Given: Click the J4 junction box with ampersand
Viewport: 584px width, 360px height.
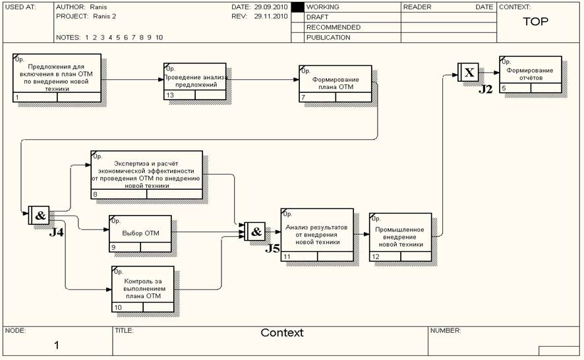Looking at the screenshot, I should click(x=39, y=216).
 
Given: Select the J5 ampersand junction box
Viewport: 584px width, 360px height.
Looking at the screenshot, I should click(x=255, y=231).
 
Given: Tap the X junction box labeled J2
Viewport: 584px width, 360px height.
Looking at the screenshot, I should click(x=469, y=73).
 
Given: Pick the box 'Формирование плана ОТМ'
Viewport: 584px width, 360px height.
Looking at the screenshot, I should click(x=336, y=84).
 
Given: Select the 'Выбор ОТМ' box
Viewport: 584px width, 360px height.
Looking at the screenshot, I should click(x=140, y=233).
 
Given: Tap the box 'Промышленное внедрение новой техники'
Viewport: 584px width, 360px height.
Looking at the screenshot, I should click(x=400, y=236).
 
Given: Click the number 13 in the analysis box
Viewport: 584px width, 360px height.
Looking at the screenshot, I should click(x=170, y=95).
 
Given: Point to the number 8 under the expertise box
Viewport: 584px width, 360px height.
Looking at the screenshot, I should click(x=96, y=195).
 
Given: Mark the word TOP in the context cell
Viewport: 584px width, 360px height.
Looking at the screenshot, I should click(x=535, y=21).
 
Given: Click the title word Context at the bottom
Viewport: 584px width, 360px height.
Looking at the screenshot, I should click(x=282, y=333).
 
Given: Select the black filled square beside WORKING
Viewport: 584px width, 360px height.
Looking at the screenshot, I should click(x=297, y=7).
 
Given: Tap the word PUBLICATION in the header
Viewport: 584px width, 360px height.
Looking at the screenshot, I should click(x=328, y=38).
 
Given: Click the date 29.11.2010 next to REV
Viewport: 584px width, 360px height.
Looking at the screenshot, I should click(x=271, y=16).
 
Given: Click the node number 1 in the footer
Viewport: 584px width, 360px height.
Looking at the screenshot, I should click(x=57, y=345).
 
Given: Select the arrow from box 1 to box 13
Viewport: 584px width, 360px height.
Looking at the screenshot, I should click(x=132, y=79).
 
